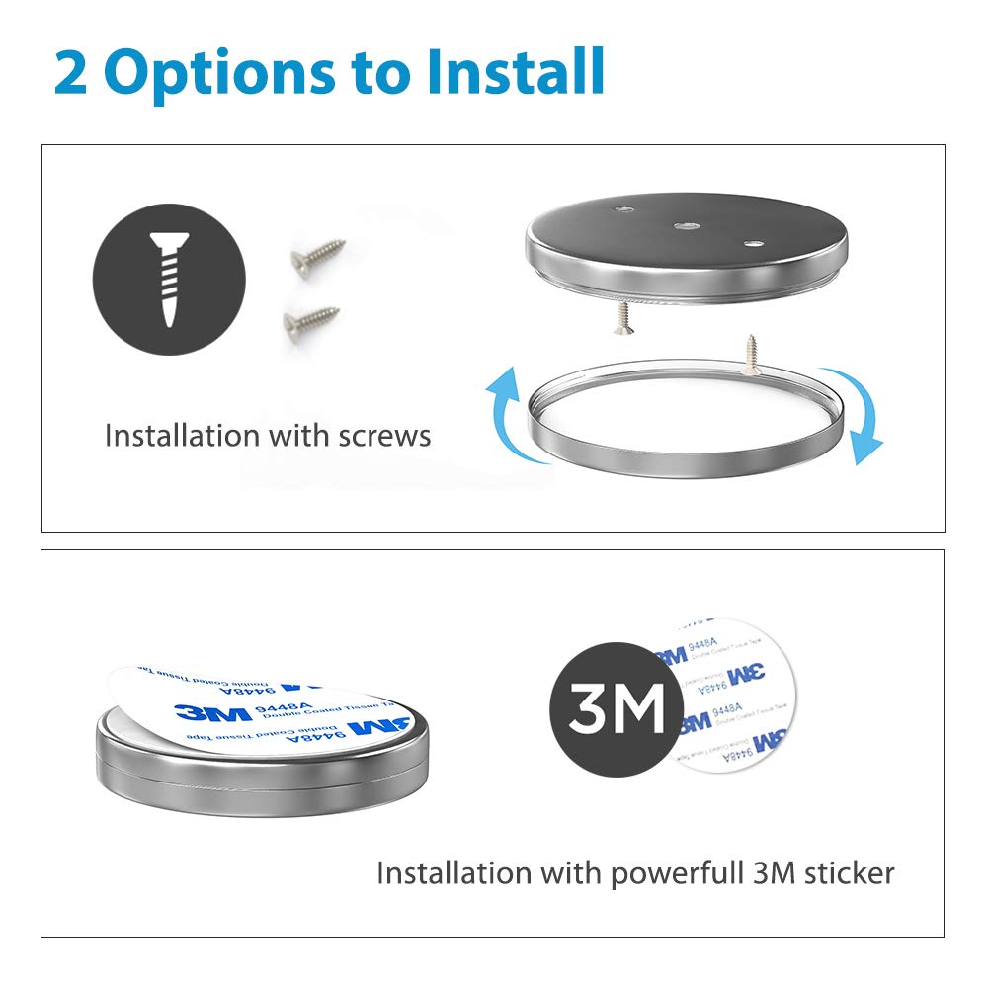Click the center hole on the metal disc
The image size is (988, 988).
[684, 225]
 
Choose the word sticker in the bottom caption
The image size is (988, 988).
[844, 872]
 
